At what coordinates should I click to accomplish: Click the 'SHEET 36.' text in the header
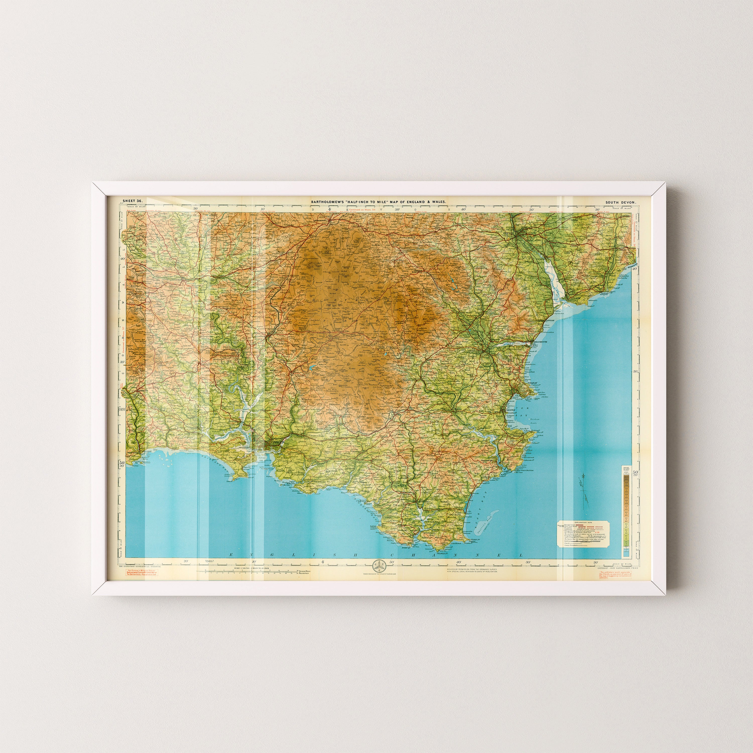(x=133, y=201)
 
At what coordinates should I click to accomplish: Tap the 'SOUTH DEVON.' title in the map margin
(x=620, y=202)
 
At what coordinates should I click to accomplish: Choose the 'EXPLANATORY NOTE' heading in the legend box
(x=583, y=522)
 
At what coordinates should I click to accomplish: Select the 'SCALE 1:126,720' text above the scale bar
(x=252, y=569)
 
